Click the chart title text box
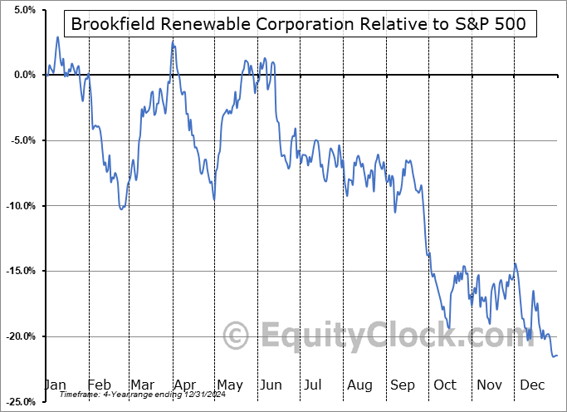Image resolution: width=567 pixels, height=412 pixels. pos(298,24)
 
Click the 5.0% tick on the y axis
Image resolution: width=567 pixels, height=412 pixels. pos(22,10)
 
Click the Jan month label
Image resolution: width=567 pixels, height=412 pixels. pos(55,385)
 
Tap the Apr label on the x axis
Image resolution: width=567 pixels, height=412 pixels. pos(185,385)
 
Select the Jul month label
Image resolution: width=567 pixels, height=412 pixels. pos(314,385)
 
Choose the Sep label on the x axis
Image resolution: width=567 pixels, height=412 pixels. pos(403,385)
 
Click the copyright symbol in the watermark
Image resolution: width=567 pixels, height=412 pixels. pos(237,336)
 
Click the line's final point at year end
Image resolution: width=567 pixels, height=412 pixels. pos(556,356)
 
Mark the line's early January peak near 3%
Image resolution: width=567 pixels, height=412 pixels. pos(57,37)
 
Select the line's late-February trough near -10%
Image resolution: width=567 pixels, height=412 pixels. pos(122,208)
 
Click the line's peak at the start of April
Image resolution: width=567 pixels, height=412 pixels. pos(173,41)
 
